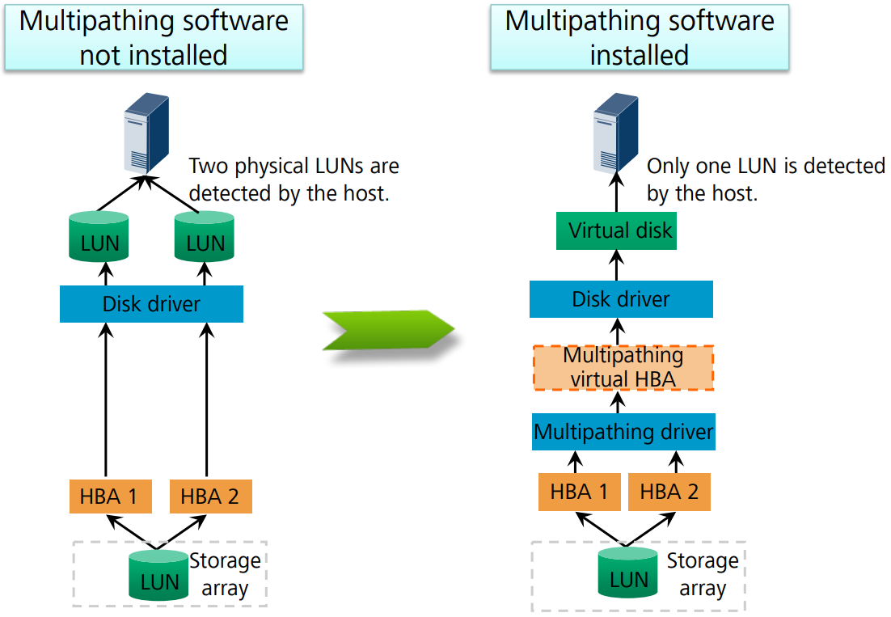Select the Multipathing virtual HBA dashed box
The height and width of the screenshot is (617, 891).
click(x=623, y=368)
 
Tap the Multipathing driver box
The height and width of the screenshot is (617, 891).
click(x=623, y=432)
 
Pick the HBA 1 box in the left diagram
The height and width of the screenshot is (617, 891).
click(x=111, y=497)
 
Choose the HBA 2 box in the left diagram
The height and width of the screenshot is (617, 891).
click(x=210, y=497)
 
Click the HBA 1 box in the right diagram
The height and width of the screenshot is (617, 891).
click(x=580, y=492)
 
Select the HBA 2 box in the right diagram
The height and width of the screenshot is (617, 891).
click(x=669, y=492)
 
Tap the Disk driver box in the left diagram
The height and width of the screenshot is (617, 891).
click(x=151, y=305)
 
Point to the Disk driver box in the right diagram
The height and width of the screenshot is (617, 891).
click(x=621, y=299)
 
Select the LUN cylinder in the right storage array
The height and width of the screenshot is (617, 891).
click(x=628, y=573)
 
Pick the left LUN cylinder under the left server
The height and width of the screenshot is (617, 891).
click(x=100, y=236)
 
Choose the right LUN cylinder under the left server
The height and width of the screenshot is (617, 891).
click(x=205, y=236)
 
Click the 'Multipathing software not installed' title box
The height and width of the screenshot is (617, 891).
click(x=154, y=37)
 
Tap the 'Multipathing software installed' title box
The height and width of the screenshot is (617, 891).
click(x=639, y=37)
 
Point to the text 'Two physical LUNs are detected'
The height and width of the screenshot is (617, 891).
click(x=293, y=180)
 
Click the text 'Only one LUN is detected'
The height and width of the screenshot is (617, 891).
click(x=765, y=180)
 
